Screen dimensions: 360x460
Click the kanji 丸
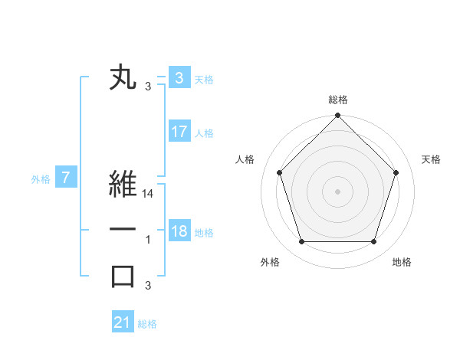pos(123,78)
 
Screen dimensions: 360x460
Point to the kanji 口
pos(123,276)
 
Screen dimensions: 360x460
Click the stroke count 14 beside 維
pos(149,195)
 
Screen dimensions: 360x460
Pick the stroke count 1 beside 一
pos(148,240)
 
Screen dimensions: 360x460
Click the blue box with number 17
pos(179,132)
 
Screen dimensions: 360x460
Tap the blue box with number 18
pos(179,231)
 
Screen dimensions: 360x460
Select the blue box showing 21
pos(123,322)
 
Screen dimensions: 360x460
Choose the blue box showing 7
pos(66,178)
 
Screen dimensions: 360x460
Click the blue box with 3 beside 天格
pos(179,78)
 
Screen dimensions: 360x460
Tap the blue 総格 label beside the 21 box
pos(147,324)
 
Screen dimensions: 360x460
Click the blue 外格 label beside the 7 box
pos(41,179)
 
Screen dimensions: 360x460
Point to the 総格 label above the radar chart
pos(338,100)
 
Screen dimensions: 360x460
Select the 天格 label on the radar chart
pos(432,159)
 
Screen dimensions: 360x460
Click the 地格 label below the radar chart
pos(402,262)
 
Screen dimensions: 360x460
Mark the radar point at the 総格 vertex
pos(337,117)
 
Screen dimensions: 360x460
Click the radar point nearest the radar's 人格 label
pos(279,172)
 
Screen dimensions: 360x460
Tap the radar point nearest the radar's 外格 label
pos(301,242)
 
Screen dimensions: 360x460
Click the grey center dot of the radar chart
pos(337,191)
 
